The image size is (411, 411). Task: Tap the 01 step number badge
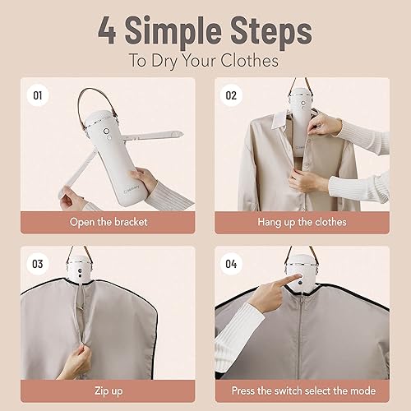37,95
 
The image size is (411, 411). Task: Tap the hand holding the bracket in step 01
149,180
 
